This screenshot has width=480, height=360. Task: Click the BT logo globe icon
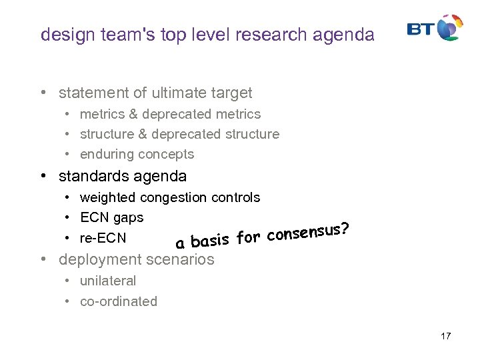(x=450, y=28)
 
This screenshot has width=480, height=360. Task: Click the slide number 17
(x=445, y=336)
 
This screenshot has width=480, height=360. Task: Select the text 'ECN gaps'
(x=111, y=217)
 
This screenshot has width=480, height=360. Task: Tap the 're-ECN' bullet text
(x=103, y=238)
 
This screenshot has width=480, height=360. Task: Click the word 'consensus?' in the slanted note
(x=309, y=231)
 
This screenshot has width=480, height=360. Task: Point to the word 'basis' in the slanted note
(x=211, y=240)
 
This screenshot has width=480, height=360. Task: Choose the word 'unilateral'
(x=107, y=281)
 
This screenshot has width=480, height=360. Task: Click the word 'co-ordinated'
(x=119, y=301)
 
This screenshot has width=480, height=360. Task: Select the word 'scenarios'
(x=181, y=260)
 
